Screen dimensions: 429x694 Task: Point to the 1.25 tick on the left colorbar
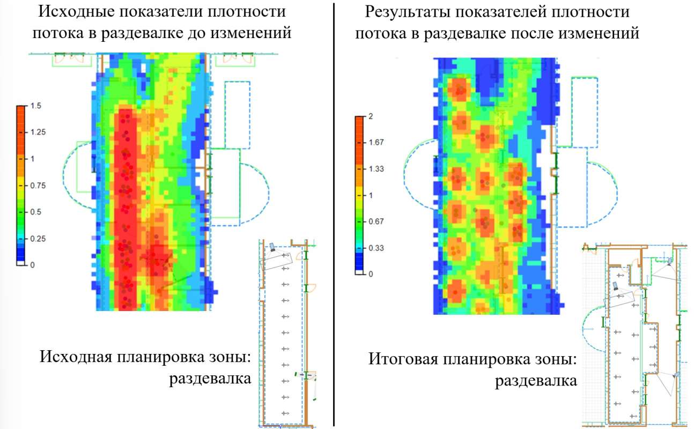pos(38,132)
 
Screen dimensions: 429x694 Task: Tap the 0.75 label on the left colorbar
pos(38,186)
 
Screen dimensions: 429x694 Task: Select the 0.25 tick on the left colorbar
pos(38,238)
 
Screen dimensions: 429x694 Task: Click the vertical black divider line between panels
pos(334,214)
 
